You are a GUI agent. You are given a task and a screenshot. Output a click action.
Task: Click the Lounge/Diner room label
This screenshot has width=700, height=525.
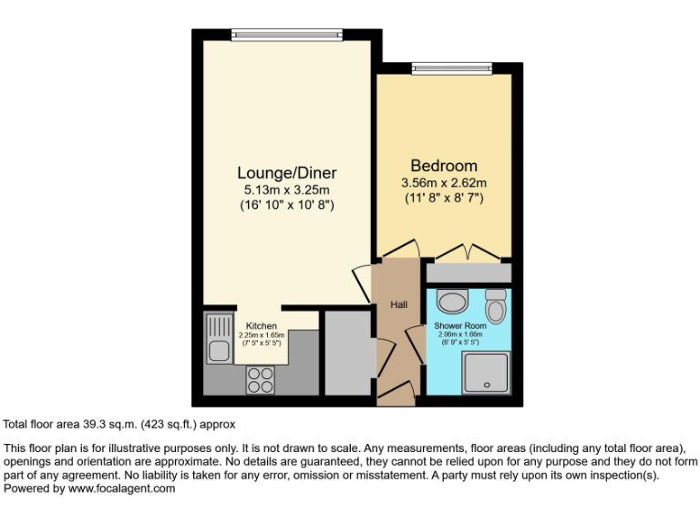point(287,172)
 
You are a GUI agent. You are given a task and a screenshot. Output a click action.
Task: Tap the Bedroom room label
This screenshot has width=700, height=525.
point(444,166)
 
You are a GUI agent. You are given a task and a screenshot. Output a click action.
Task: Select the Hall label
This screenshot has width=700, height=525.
point(399,304)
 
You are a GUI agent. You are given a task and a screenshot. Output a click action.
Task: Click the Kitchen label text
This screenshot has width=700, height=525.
point(262,325)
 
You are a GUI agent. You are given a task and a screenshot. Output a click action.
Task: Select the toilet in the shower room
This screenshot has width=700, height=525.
point(496,306)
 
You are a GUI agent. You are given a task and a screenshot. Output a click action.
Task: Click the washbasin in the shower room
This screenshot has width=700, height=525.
point(452,302)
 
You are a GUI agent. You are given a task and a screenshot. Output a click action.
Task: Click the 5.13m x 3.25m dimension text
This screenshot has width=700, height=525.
point(286,190)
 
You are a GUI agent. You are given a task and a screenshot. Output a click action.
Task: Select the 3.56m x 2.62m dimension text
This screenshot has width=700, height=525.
point(444,182)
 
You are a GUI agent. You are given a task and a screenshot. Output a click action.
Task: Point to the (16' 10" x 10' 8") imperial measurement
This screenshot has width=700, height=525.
point(286,205)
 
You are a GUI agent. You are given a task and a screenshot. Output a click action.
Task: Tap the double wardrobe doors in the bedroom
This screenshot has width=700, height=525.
point(467,252)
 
